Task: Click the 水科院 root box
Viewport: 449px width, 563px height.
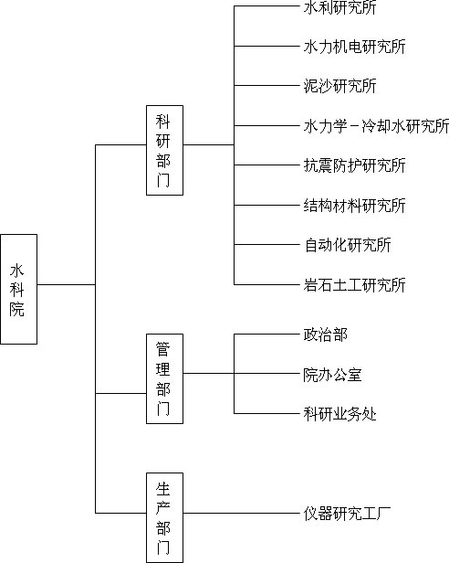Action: click(x=18, y=289)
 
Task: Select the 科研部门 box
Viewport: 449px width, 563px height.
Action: click(x=164, y=150)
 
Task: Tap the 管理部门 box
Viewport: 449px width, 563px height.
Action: click(x=164, y=378)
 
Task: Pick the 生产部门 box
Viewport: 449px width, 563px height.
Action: click(x=164, y=517)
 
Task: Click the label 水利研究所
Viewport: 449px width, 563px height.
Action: click(x=340, y=7)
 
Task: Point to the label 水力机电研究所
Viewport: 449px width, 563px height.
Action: click(x=355, y=47)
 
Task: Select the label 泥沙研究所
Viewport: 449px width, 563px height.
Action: click(x=340, y=86)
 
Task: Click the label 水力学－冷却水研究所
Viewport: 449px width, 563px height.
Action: click(x=376, y=126)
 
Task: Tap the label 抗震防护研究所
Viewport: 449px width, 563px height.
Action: click(x=355, y=165)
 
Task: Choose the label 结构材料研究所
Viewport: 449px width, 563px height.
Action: click(x=355, y=206)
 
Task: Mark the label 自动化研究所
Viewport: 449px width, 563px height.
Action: click(x=348, y=245)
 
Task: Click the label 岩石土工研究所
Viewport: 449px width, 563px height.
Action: click(x=355, y=285)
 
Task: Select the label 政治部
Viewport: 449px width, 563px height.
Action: click(x=325, y=335)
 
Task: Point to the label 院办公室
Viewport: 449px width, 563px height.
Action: click(x=332, y=375)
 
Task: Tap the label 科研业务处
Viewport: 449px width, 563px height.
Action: click(x=340, y=414)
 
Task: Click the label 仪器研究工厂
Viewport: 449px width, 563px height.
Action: click(x=347, y=514)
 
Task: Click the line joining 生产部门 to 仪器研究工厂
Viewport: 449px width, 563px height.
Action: click(x=241, y=513)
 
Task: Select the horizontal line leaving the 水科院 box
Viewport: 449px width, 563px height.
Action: click(x=67, y=285)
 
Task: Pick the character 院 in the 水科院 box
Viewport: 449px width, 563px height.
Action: click(x=16, y=309)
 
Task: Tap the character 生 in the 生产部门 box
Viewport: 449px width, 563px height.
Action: click(x=162, y=489)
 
